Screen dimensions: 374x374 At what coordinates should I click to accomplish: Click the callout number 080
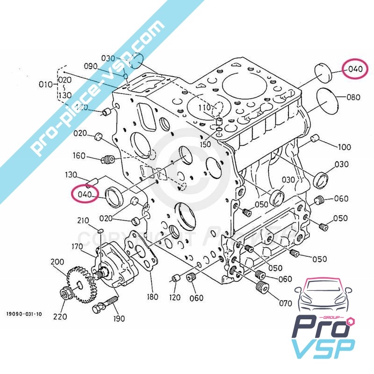[x=353, y=98]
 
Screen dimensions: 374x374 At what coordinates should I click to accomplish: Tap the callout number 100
[x=344, y=147]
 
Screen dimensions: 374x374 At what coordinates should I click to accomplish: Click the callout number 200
[x=57, y=262]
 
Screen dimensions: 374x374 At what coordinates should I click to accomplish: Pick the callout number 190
[x=119, y=319]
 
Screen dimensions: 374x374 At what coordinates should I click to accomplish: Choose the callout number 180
[x=152, y=296]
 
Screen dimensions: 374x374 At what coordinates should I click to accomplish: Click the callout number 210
[x=83, y=221]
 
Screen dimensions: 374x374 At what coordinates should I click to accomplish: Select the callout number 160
[x=79, y=155]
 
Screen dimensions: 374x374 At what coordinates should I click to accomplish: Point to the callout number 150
[x=205, y=145]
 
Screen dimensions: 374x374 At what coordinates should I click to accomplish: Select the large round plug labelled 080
[x=327, y=99]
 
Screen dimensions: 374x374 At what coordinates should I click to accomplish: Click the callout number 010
[x=46, y=85]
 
